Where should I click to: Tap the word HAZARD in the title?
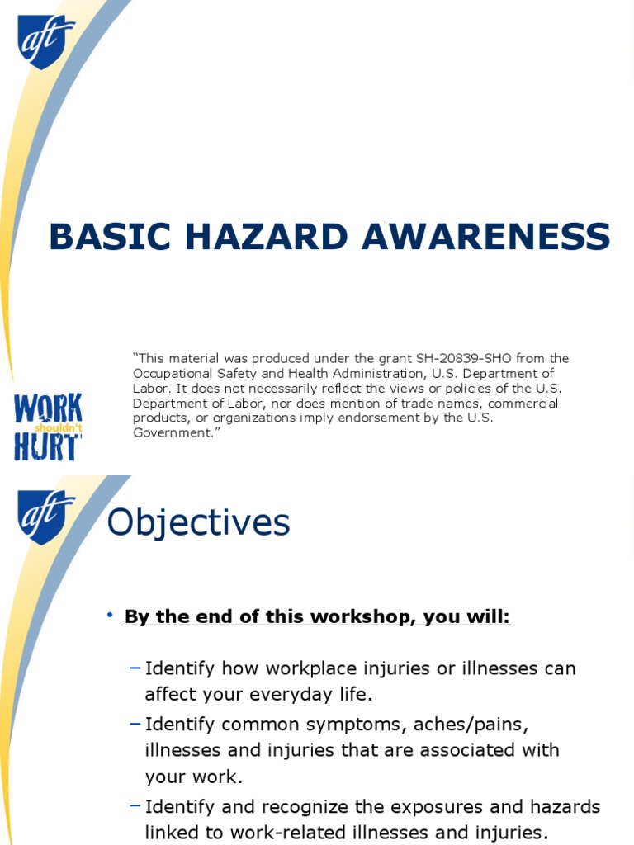(x=258, y=237)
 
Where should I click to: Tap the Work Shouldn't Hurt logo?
(x=48, y=427)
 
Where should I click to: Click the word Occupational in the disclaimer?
(x=170, y=373)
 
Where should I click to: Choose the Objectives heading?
(x=199, y=522)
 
